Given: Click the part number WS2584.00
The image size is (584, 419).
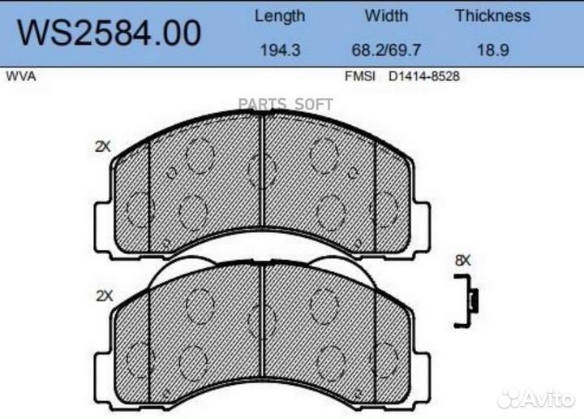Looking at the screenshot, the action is [109, 32].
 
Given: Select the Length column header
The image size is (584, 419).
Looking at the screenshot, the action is [280, 16].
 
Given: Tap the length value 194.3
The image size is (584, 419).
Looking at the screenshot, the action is [280, 50].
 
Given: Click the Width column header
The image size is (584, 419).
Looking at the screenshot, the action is [386, 15].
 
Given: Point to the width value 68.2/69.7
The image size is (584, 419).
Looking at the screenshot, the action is [386, 50].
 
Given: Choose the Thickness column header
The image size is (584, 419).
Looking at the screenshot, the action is [493, 15].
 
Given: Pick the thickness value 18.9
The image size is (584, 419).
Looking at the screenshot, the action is [493, 50].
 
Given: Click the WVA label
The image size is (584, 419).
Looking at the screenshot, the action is [21, 76].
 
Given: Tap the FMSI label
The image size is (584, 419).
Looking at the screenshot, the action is [360, 76].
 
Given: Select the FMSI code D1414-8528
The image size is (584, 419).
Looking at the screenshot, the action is [424, 76].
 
